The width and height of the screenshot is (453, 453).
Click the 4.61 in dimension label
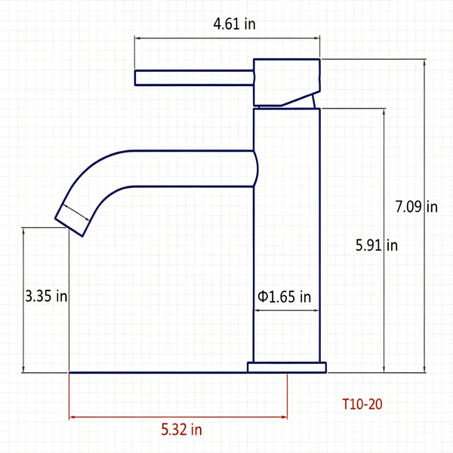coord(234,23)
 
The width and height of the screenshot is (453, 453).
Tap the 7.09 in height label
coord(416,207)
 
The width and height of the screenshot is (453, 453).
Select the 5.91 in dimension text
coord(377,245)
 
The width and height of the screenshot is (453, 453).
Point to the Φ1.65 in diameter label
coord(285,297)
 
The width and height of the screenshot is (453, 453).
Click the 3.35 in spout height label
coord(46,296)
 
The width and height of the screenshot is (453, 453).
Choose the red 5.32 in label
coord(181,430)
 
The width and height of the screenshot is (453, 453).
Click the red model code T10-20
coord(362,404)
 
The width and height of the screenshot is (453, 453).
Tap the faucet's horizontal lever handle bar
coord(194,78)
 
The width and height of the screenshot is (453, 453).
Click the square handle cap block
coord(287,82)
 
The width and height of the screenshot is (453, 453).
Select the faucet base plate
coord(287,368)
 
